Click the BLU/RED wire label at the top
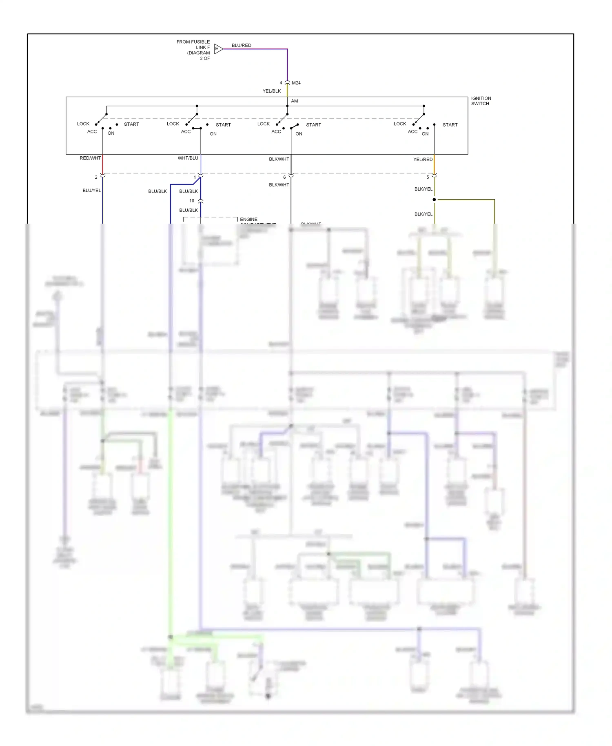(x=241, y=45)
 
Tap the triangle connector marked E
(x=218, y=49)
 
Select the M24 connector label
(x=296, y=83)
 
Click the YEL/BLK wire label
(x=271, y=91)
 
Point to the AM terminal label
(x=294, y=101)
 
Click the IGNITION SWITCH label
(x=481, y=101)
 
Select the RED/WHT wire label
(x=90, y=158)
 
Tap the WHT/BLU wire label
(x=188, y=158)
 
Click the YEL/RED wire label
(x=423, y=160)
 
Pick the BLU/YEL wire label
(x=91, y=191)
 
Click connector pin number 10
(x=192, y=201)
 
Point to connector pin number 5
(x=428, y=178)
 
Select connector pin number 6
(x=284, y=178)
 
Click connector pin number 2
(x=96, y=178)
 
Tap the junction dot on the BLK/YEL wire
(x=434, y=200)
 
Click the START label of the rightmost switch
(x=450, y=125)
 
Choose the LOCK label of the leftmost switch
(x=83, y=124)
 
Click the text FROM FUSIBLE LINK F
(x=193, y=44)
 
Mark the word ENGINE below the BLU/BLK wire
(x=248, y=220)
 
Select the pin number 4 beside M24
(x=281, y=83)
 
